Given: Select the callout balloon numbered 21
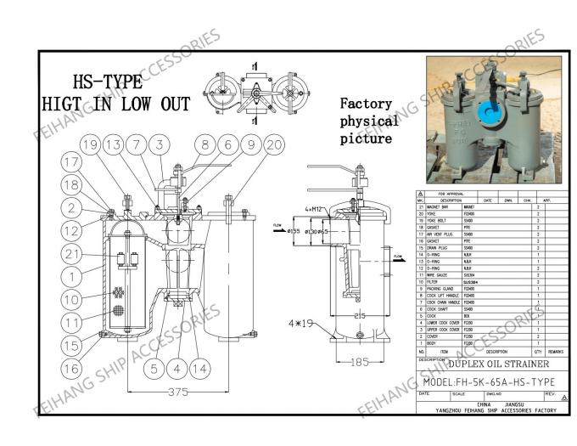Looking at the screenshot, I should click(74, 253).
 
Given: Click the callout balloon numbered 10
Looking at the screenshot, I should click(74, 299).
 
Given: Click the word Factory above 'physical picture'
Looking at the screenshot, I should click(366, 104).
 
